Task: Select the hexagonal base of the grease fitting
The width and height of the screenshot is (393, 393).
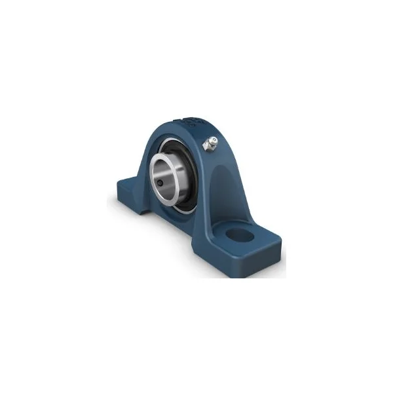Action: pos(208,147)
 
